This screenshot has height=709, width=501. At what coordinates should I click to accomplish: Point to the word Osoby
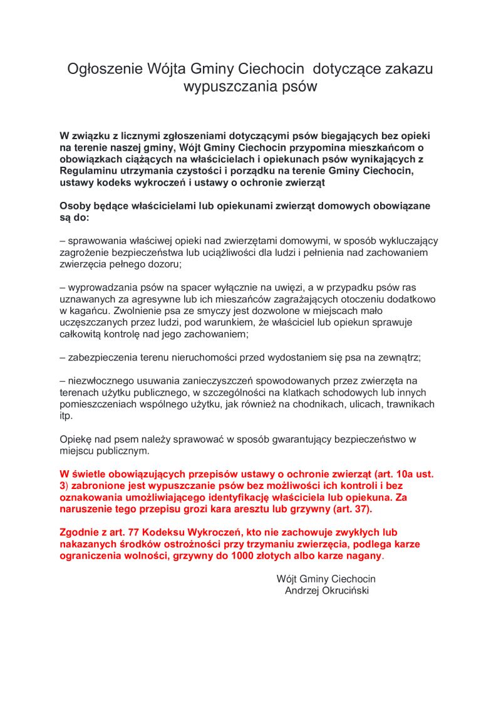pos(75,206)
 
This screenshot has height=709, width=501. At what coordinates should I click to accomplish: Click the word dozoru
pos(163,265)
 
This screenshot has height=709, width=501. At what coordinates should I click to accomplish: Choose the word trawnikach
pos(408,404)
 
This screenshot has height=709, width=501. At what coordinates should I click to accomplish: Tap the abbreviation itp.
pos(66,416)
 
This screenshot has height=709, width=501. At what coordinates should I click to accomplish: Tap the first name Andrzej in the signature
pos(302,591)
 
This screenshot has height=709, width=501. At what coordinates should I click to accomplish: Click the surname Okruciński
pos(346,591)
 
